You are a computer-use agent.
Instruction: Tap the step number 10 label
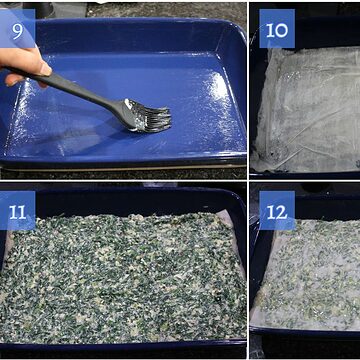pyautogui.click(x=277, y=28)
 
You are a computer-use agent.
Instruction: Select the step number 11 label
pyautogui.click(x=17, y=210)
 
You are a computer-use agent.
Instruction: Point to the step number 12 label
pyautogui.click(x=277, y=210)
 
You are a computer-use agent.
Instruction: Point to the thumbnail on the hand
pyautogui.click(x=46, y=69)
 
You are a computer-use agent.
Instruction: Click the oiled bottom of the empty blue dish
pyautogui.click(x=127, y=110)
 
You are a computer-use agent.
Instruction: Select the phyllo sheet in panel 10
pyautogui.click(x=307, y=110)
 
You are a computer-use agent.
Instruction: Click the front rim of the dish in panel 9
pyautogui.click(x=123, y=160)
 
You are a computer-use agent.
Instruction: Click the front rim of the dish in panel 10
pyautogui.click(x=305, y=175)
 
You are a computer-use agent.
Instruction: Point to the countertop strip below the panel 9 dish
pyautogui.click(x=123, y=173)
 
